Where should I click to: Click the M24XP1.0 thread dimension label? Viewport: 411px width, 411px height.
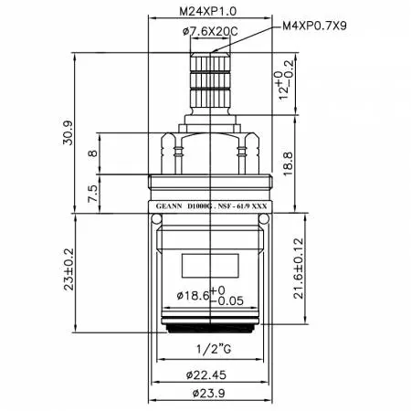click(207, 12)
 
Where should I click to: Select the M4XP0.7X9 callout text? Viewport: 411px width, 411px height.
click(314, 26)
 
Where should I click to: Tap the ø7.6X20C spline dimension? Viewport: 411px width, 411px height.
click(210, 31)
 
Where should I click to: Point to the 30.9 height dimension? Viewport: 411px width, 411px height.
click(68, 132)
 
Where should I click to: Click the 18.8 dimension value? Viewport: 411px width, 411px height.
click(288, 163)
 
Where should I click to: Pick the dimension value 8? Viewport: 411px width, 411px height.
click(93, 153)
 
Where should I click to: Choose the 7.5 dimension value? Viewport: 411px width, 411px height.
click(93, 194)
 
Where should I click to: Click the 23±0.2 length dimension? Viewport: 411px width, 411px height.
click(68, 269)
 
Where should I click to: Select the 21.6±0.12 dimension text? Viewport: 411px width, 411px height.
click(299, 269)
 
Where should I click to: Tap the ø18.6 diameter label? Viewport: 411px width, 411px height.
click(194, 295)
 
